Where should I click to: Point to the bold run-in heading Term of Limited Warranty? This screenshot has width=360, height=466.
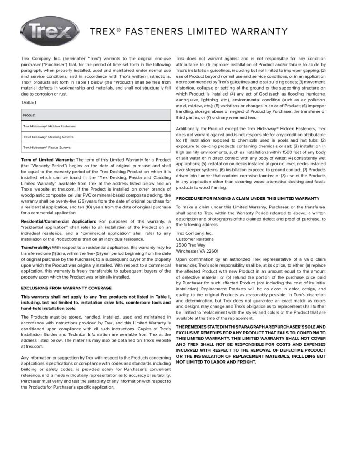pyautogui.click(x=48, y=160)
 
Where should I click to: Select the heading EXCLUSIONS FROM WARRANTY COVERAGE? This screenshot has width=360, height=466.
pyautogui.click(x=66, y=288)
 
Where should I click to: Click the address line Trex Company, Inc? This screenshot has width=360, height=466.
pyautogui.click(x=194, y=233)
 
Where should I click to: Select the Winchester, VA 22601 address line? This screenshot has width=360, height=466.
pyautogui.click(x=197, y=251)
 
